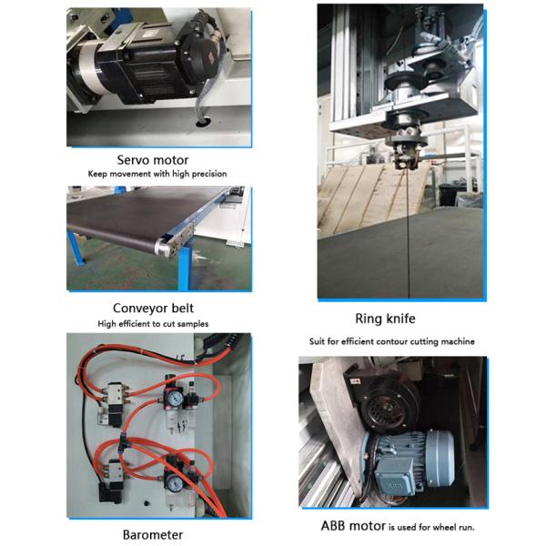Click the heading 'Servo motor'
[153, 160]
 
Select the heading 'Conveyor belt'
[153, 308]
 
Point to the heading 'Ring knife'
[385, 318]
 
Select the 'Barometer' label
[153, 535]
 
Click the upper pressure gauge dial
[175, 397]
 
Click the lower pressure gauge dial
[172, 482]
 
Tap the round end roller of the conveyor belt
[162, 247]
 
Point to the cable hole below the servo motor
[203, 121]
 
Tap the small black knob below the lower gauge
[147, 503]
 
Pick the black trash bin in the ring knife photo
[448, 195]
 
